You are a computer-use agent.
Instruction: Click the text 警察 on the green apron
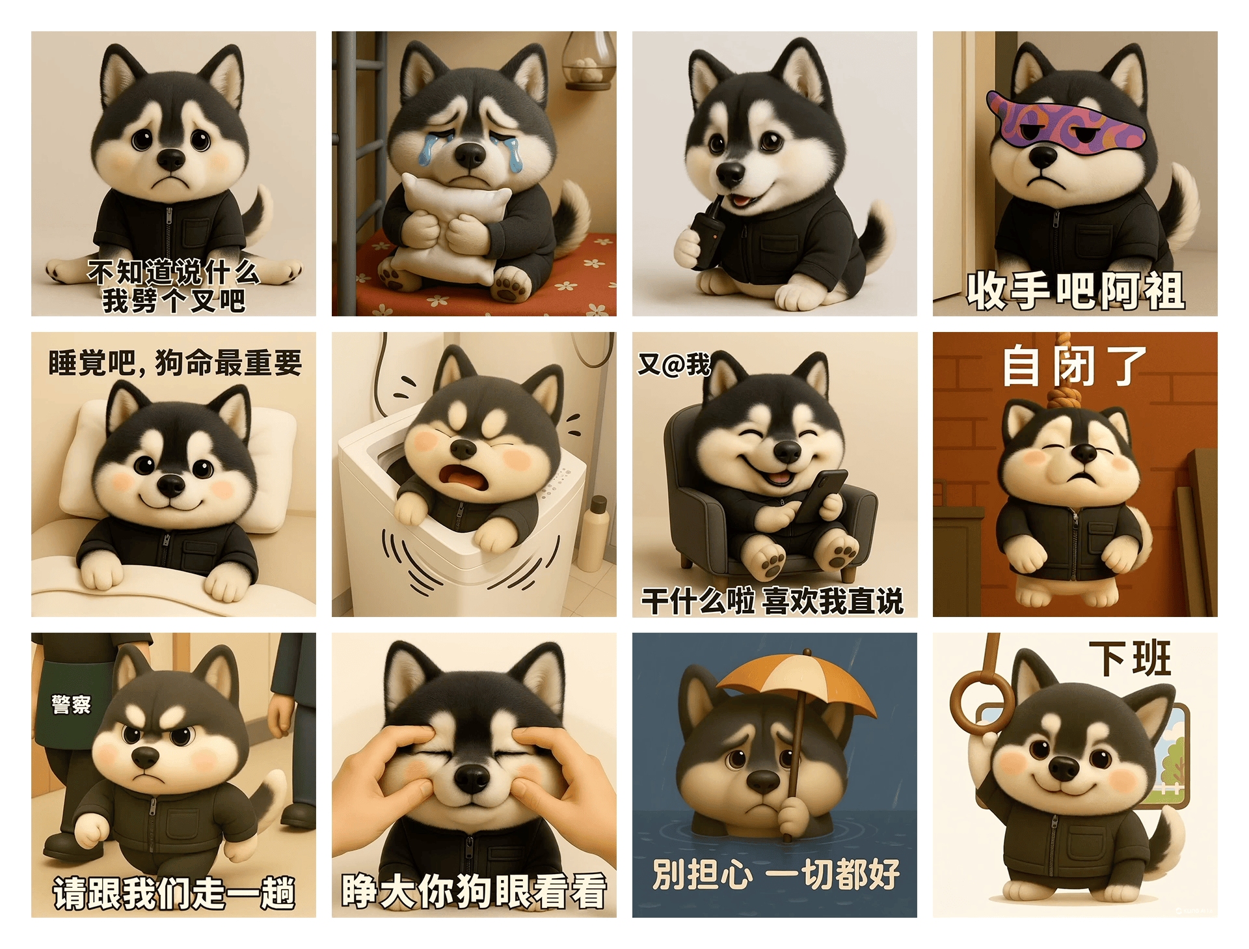71,704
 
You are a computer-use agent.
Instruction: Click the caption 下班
1131,659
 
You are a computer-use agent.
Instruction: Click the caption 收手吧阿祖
1075,290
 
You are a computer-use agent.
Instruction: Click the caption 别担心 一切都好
775,873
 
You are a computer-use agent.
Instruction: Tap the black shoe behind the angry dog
299,813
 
